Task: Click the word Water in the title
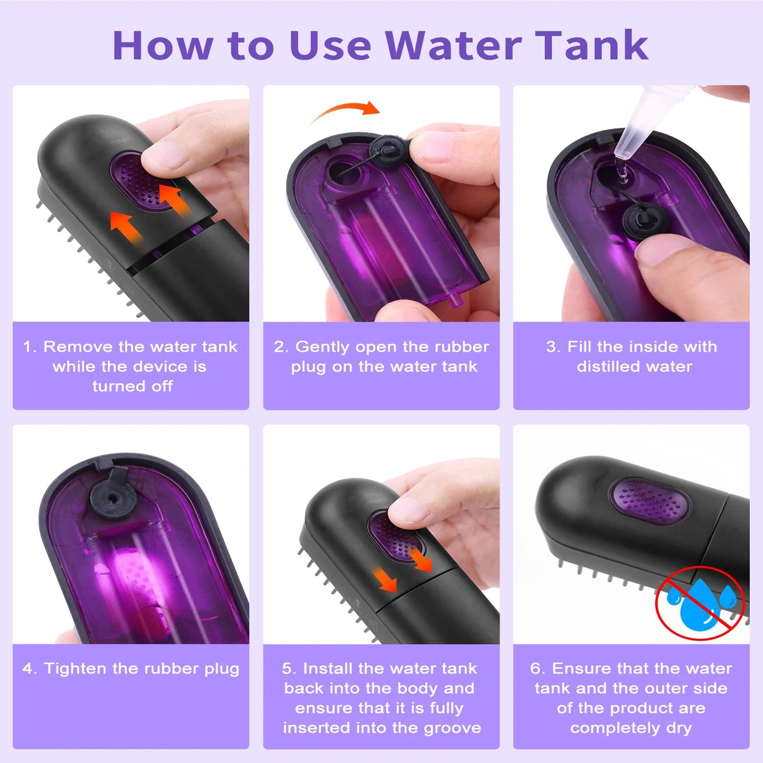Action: click(453, 45)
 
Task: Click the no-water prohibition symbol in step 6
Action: click(700, 602)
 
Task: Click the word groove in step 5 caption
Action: click(452, 728)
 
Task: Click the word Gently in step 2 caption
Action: click(322, 347)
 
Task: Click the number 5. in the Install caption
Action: click(289, 668)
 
